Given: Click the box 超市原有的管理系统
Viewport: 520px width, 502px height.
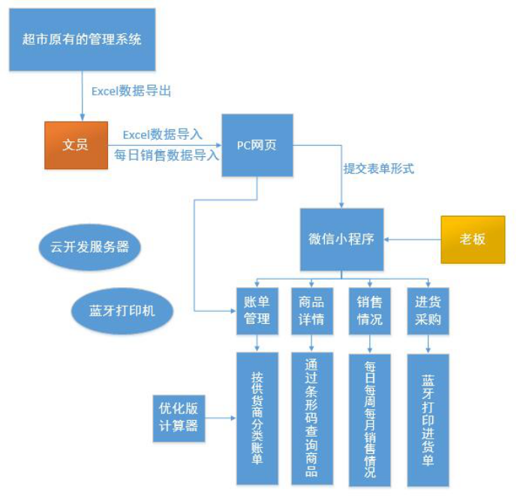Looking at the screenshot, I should click(x=82, y=39).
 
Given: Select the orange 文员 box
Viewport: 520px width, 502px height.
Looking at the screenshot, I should click(x=75, y=144).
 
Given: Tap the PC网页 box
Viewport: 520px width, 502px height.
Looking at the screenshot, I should click(x=257, y=145).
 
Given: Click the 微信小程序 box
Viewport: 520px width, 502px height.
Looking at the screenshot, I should click(x=341, y=239).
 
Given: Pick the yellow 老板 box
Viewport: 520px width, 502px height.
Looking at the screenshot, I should click(x=472, y=239).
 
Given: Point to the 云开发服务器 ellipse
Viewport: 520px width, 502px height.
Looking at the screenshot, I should click(x=89, y=246).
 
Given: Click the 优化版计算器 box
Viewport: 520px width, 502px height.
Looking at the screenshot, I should click(x=179, y=417).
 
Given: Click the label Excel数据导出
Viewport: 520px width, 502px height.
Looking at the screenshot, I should click(x=131, y=91).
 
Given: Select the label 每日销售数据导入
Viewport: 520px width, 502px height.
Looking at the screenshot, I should click(x=167, y=155).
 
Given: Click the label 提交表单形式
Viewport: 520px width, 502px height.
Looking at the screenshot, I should click(x=379, y=168).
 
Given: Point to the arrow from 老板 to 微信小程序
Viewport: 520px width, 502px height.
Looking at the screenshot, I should click(x=412, y=240).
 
